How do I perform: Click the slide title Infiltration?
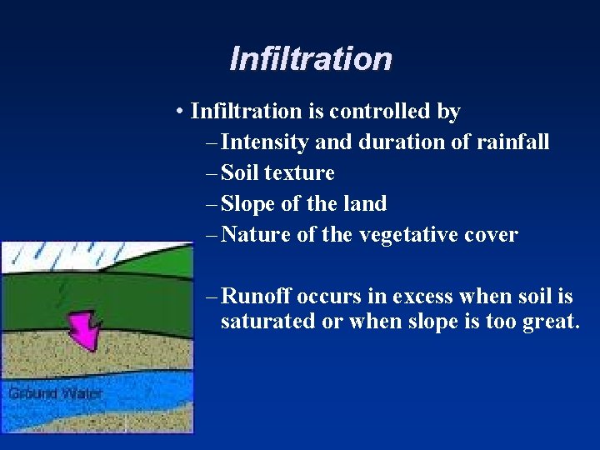(x=310, y=59)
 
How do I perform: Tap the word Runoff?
(x=256, y=297)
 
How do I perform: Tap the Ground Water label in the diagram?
(x=55, y=393)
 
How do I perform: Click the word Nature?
(x=256, y=235)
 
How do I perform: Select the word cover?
(x=493, y=235)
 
